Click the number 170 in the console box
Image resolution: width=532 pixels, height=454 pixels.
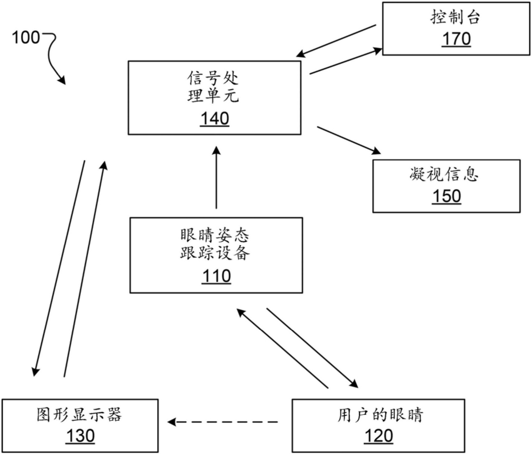[x=456, y=39]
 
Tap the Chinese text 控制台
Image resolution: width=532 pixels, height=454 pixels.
[x=456, y=17]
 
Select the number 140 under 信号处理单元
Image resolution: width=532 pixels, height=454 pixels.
[x=214, y=119]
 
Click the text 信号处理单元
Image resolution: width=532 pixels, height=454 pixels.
[x=213, y=87]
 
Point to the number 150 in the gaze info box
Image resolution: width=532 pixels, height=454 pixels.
[x=446, y=196]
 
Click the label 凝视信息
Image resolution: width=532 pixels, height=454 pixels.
[x=444, y=175]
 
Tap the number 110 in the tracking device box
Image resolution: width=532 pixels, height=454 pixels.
[x=216, y=276]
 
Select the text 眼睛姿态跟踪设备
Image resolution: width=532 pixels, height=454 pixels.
[x=215, y=244]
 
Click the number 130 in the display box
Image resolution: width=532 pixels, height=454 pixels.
[x=80, y=436]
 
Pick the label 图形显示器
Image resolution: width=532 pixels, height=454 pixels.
[x=79, y=415]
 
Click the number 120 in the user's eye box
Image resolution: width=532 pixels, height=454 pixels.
[x=379, y=436]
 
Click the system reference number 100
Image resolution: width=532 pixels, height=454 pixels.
[x=26, y=38]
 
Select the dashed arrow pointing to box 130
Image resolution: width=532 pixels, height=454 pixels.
[x=223, y=422]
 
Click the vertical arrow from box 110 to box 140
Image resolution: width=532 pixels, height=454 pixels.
[x=216, y=178]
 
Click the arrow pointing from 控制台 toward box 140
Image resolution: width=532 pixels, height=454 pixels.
[x=336, y=41]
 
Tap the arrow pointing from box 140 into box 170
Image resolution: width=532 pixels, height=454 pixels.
[x=346, y=61]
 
